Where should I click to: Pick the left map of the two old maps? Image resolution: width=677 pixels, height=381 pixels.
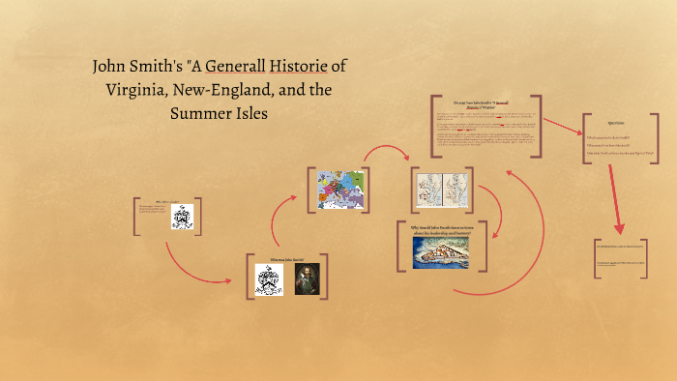427,190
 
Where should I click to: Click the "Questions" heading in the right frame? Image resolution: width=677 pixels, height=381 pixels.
616,124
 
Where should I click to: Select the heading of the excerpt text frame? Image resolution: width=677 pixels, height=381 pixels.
489,104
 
